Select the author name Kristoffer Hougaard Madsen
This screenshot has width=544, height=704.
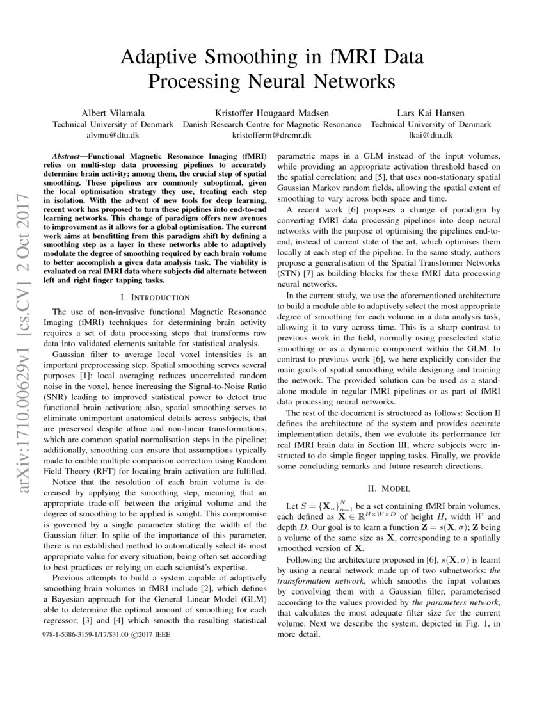tap(271, 113)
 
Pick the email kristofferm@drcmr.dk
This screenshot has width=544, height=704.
tap(271, 136)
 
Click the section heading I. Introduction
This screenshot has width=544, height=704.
tap(155, 297)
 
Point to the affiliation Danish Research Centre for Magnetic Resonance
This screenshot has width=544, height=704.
tap(271, 124)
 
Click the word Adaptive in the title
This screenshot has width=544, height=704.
tap(159, 58)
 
